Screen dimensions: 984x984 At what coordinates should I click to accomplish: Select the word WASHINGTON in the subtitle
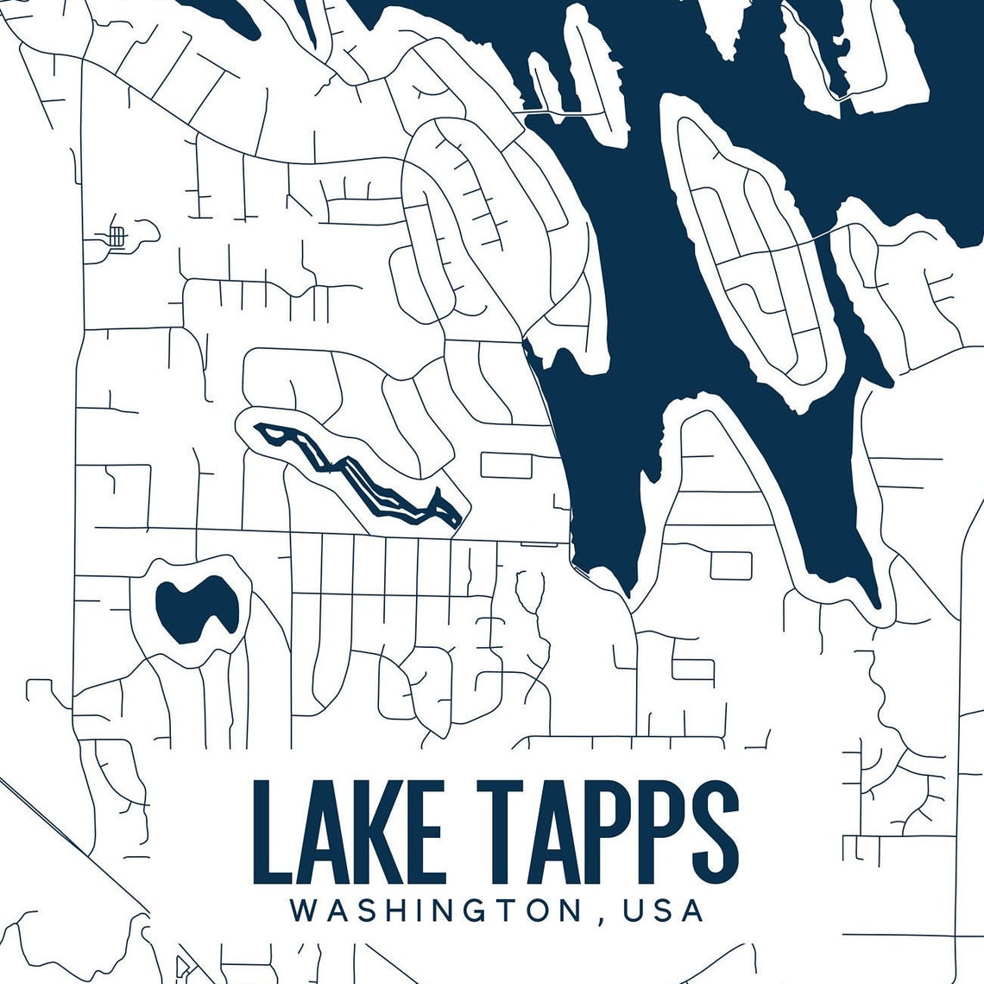tap(435, 911)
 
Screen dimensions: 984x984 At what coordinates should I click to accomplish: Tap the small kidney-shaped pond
tap(195, 608)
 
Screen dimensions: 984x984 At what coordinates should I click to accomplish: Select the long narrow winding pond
tap(363, 475)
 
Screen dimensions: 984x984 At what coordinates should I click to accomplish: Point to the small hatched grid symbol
tap(117, 235)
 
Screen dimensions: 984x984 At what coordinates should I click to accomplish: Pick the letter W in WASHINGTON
tap(304, 911)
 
